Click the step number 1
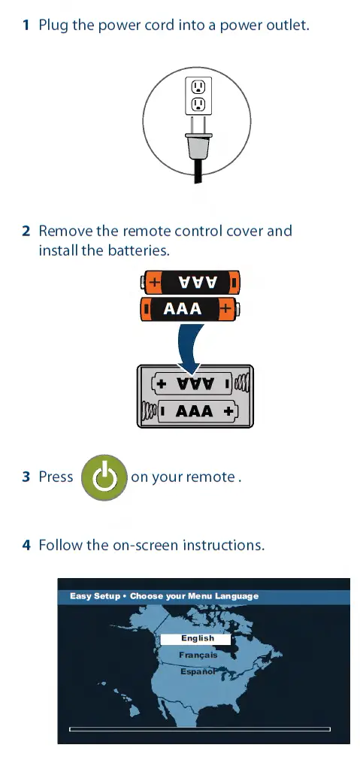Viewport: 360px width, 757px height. (x=26, y=26)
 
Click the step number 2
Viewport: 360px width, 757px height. (x=26, y=231)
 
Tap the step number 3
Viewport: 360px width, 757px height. (x=26, y=477)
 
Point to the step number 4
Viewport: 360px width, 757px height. (x=26, y=544)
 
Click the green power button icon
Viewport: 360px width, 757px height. (x=103, y=477)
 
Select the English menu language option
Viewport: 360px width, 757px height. (x=196, y=638)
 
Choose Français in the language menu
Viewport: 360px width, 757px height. (x=198, y=655)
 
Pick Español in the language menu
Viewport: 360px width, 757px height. (x=198, y=671)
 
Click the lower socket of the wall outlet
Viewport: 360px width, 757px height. (x=198, y=104)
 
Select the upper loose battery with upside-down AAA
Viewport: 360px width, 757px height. (x=191, y=283)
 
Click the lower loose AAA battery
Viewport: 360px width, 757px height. (x=191, y=308)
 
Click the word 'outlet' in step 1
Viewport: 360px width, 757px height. (x=289, y=26)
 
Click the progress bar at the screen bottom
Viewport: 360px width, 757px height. (x=199, y=729)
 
